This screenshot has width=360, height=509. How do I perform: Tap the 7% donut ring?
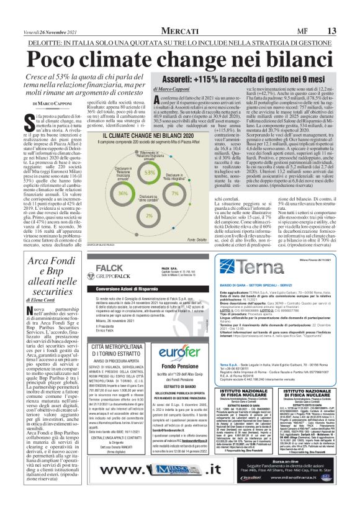[174, 194]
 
